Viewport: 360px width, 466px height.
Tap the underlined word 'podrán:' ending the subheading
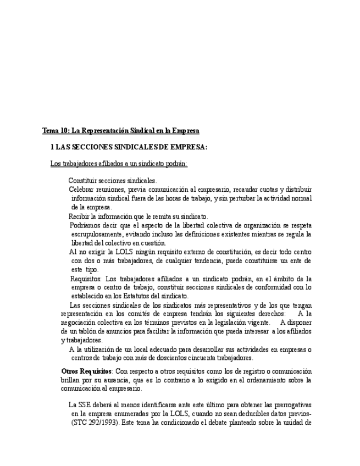point(175,163)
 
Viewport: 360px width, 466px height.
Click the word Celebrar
point(82,190)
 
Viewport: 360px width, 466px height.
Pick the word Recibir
point(80,217)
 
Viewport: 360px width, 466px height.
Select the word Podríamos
point(86,225)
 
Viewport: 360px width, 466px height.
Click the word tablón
point(87,331)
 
